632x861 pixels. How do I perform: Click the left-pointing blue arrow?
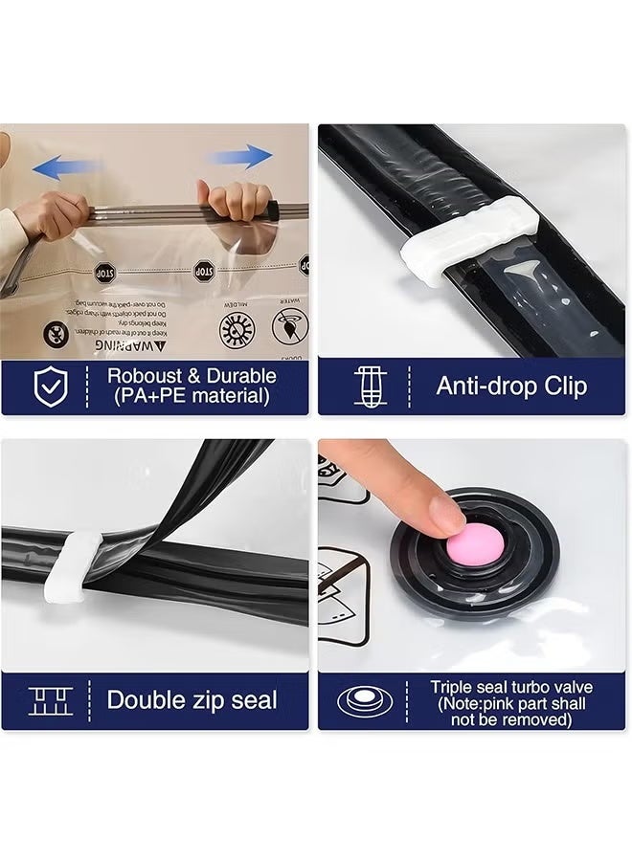[x=67, y=168]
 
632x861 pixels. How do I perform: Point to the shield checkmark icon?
[x=51, y=386]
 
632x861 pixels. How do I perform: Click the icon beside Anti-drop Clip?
[x=372, y=386]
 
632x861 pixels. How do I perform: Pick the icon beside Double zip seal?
[x=51, y=700]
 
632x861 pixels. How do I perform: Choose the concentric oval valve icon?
[x=365, y=701]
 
